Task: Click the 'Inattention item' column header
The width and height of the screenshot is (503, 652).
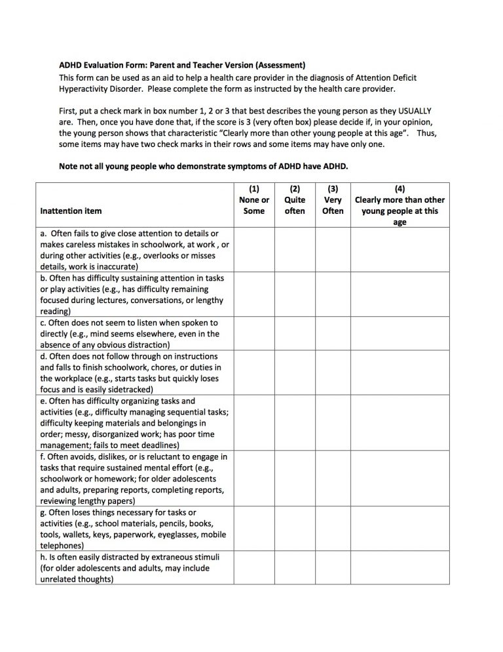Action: point(71,211)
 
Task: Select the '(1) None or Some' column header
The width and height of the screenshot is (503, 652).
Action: point(253,200)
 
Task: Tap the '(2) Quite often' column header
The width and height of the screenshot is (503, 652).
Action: point(295,200)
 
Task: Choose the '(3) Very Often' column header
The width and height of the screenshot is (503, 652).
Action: point(333,200)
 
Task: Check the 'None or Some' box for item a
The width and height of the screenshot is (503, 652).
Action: point(253,249)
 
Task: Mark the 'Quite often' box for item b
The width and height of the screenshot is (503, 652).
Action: point(295,295)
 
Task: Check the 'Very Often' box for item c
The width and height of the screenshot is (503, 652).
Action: point(333,334)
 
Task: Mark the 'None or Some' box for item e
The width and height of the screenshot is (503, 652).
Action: point(253,423)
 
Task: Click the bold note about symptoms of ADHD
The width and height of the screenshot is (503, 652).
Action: point(203,166)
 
